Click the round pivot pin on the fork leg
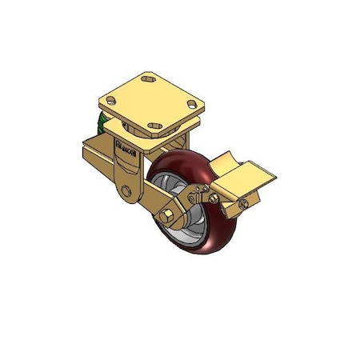click(x=126, y=193)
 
